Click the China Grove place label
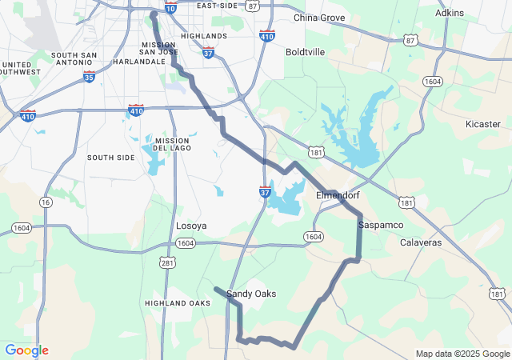(319, 18)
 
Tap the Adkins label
(449, 13)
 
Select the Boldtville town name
(305, 52)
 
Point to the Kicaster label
(482, 124)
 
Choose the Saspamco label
(379, 226)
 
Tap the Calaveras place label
(421, 242)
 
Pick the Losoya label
(191, 226)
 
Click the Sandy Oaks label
(251, 294)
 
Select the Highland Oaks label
(178, 303)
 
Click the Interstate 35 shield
(89, 76)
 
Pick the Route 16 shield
(46, 202)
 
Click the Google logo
(26, 350)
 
